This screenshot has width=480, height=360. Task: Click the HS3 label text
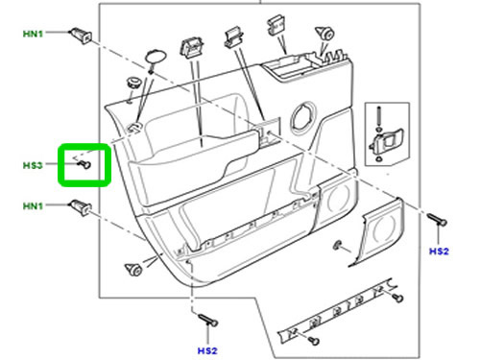coord(33,165)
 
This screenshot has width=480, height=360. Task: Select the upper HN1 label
coord(33,34)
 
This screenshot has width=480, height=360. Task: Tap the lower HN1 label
coord(33,205)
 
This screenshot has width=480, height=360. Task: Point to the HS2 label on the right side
coord(439,252)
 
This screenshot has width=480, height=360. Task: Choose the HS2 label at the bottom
coord(207,350)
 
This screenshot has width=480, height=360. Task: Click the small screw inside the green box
coord(84,164)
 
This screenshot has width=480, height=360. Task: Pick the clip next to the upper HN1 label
coord(81,36)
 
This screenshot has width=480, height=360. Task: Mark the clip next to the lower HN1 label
coord(81,207)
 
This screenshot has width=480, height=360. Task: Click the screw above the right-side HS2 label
coord(437,219)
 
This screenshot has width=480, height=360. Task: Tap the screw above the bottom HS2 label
coord(208,320)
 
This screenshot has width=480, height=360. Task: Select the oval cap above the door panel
coord(156,57)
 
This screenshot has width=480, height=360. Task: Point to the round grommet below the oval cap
coord(133,83)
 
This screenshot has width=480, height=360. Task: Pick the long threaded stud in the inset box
coord(379,116)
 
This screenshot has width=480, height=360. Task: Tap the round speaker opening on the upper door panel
coord(302,119)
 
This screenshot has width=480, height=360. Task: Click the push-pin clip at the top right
coord(325,33)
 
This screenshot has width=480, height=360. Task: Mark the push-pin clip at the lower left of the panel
coord(133,269)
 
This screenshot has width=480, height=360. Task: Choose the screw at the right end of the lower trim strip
coord(398,298)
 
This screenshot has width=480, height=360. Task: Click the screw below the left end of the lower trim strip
coord(314,341)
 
